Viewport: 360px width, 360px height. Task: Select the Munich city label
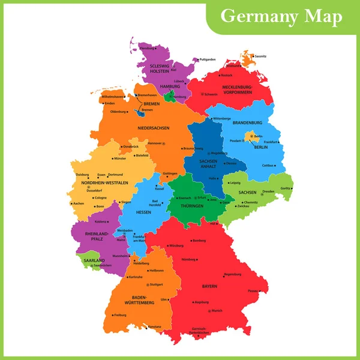point(217,310)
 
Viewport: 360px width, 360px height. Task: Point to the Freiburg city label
point(119,314)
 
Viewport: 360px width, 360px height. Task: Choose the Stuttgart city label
point(156,284)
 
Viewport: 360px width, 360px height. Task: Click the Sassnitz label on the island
point(260,56)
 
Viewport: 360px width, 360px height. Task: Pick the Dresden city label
point(268,191)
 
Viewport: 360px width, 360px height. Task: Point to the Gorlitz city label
point(286,188)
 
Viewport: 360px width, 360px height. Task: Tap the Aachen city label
point(79,203)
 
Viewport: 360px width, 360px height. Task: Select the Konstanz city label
point(155,326)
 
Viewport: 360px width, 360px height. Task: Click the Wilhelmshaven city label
point(113,97)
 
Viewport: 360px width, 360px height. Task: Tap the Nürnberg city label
point(189,259)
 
